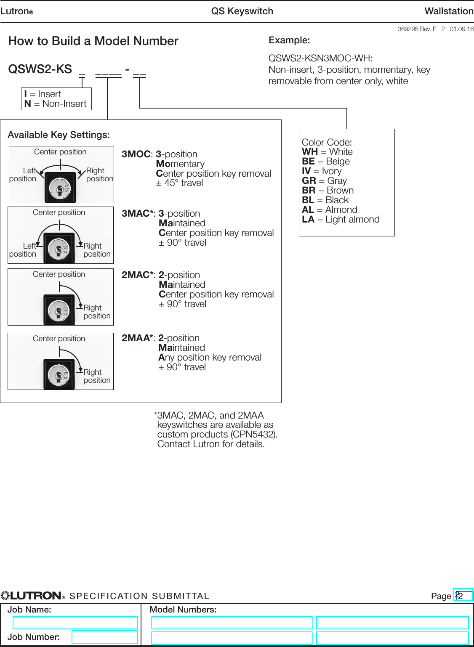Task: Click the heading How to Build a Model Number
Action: (93, 41)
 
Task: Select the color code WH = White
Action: (327, 152)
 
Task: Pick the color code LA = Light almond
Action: (341, 220)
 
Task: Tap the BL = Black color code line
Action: (325, 200)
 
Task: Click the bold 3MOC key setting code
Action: (136, 154)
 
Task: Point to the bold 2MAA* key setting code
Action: (137, 338)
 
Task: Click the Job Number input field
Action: (104, 636)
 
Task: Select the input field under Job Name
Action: (75, 623)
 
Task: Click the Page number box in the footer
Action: (463, 596)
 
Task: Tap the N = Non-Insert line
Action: (56, 104)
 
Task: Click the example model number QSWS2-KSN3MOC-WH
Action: (320, 58)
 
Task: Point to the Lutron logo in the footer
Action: (33, 596)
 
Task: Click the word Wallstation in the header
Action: (449, 11)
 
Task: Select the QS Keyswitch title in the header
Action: (242, 11)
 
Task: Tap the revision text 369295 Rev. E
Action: (417, 29)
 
